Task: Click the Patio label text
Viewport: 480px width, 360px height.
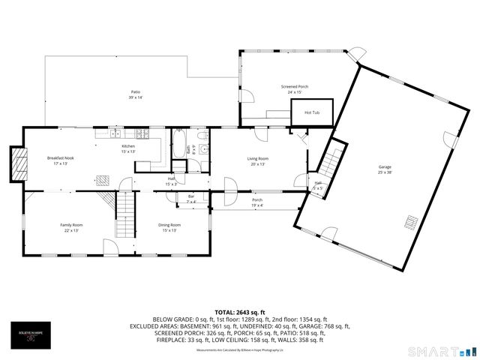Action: point(136,92)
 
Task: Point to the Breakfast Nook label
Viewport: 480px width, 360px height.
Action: point(59,158)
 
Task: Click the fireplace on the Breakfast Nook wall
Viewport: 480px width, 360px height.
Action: point(17,159)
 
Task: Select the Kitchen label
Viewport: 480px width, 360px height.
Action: point(128,146)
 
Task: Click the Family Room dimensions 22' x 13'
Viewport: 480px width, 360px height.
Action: point(71,230)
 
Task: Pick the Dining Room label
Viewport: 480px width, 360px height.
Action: point(169,225)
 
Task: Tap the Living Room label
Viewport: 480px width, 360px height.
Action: point(258,158)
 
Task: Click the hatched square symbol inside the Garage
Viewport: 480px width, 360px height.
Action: point(410,221)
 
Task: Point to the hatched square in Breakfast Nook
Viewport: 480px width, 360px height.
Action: point(103,179)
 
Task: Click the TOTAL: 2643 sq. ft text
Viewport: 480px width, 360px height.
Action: point(239,311)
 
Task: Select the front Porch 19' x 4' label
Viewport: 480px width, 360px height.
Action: point(256,202)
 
